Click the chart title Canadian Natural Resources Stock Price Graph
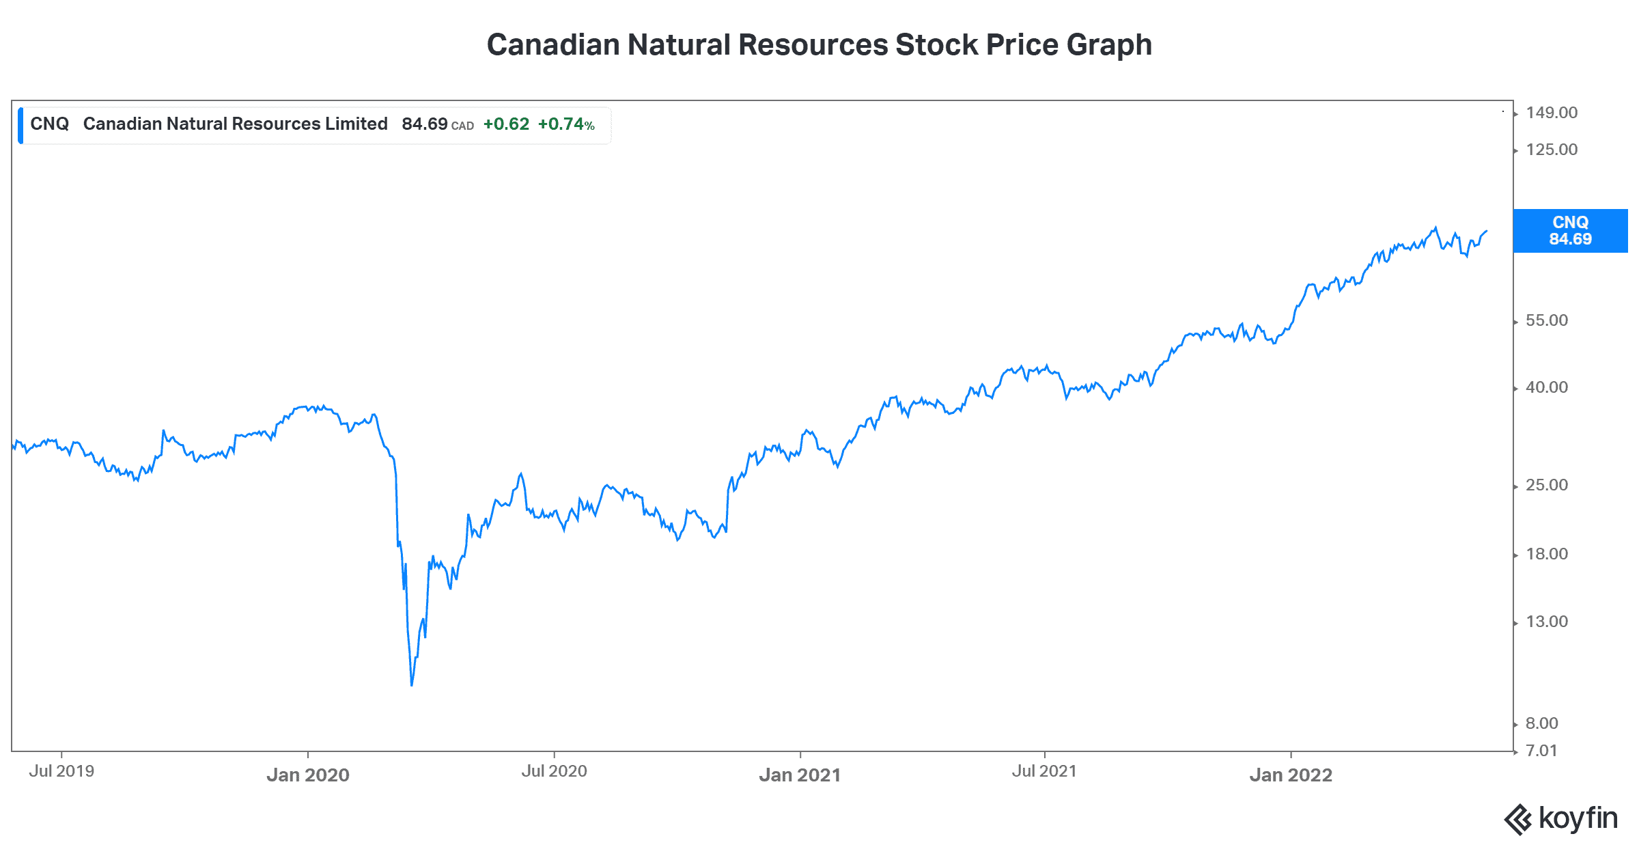[819, 45]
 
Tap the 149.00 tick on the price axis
[1552, 113]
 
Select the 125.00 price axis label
[1552, 150]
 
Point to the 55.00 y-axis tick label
[1547, 320]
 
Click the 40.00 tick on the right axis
[1547, 387]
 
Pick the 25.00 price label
[1547, 485]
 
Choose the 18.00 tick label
[1547, 554]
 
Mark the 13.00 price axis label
[1547, 622]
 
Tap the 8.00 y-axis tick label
[1542, 723]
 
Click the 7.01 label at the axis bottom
[1541, 751]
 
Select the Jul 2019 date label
[61, 771]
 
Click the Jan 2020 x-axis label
[308, 775]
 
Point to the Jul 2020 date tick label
[554, 771]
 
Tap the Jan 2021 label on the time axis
[800, 775]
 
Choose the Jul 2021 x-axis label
[1044, 771]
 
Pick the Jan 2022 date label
[1291, 775]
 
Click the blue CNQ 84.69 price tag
[1570, 231]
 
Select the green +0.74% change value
[566, 124]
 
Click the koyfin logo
[1560, 818]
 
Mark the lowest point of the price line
[412, 684]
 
